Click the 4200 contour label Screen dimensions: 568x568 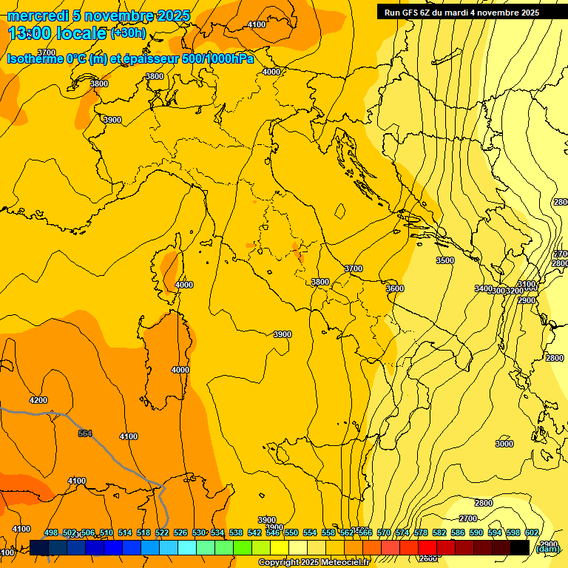coord(38,400)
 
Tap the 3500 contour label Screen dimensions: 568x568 coord(444,260)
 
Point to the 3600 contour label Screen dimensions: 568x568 coord(395,288)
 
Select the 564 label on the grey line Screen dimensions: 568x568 coord(85,433)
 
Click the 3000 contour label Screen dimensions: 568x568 coord(504,444)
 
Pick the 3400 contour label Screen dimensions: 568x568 coord(483,288)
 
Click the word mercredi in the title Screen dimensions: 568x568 coord(38,16)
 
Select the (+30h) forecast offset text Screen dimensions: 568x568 coord(128,33)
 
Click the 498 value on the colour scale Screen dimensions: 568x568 coord(51,532)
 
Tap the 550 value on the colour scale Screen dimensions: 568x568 coord(291,532)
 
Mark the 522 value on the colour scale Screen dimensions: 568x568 coord(162,532)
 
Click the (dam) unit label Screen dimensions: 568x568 coord(547,548)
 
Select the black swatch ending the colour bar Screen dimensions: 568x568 coord(519,548)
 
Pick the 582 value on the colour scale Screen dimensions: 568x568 coord(440,532)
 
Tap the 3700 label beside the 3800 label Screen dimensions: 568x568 coord(354,268)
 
